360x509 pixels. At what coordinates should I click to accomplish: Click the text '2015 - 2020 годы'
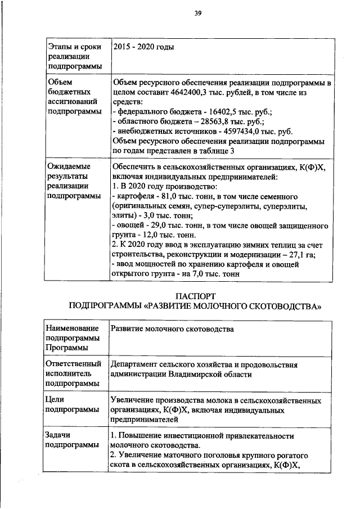coord(143,47)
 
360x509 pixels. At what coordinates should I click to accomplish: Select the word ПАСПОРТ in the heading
coord(195,296)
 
